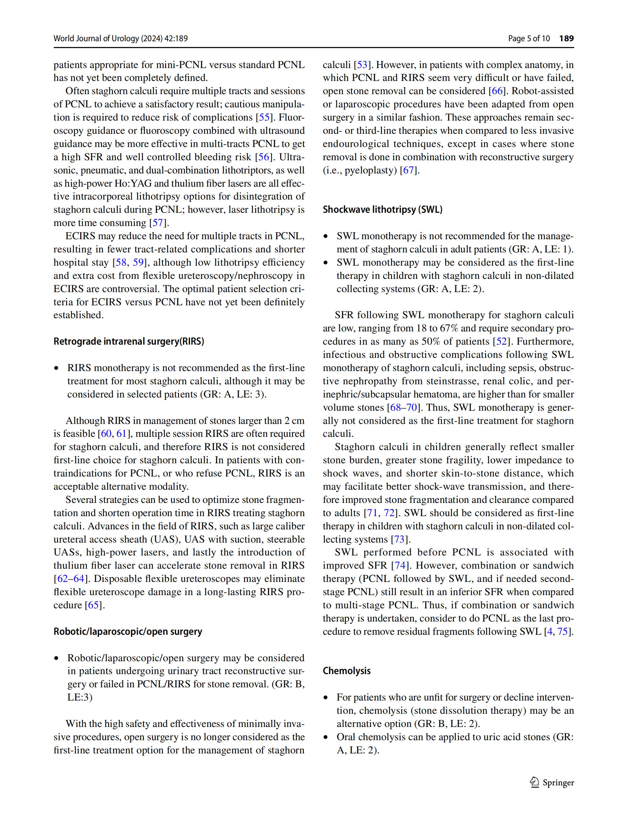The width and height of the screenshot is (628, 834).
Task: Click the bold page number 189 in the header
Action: pyautogui.click(x=566, y=38)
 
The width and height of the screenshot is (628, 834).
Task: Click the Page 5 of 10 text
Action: pyautogui.click(x=529, y=38)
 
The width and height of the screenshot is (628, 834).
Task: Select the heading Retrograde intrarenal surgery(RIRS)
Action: pyautogui.click(x=129, y=342)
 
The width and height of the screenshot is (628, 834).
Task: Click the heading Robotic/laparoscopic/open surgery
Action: pyautogui.click(x=127, y=632)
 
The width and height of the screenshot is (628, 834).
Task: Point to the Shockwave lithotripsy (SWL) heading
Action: pyautogui.click(x=383, y=210)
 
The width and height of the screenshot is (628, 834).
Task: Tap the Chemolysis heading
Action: pyautogui.click(x=347, y=671)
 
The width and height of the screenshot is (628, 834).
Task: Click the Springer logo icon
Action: pyautogui.click(x=534, y=782)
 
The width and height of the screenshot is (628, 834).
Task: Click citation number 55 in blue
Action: pyautogui.click(x=263, y=117)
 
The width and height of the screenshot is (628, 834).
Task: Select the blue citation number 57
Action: pyautogui.click(x=156, y=223)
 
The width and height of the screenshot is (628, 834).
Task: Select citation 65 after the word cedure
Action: pyautogui.click(x=93, y=605)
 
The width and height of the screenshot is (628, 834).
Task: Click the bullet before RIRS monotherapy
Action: pyautogui.click(x=57, y=368)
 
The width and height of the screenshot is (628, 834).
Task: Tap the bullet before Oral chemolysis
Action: pyautogui.click(x=326, y=737)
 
